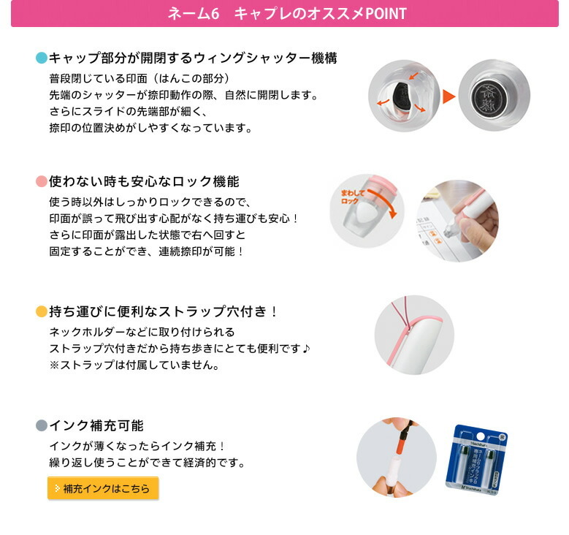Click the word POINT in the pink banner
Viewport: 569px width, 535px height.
[386, 13]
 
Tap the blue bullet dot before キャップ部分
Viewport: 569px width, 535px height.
[42, 58]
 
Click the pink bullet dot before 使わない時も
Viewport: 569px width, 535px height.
[42, 181]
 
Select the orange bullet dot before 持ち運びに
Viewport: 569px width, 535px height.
[42, 311]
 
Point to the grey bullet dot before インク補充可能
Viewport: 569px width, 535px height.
[42, 425]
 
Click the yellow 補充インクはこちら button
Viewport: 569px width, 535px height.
[103, 488]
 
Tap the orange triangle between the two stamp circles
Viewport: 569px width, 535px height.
[449, 96]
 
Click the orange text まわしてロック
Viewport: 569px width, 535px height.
[352, 197]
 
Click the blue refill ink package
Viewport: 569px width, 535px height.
[476, 460]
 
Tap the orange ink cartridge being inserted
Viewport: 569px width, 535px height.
[401, 441]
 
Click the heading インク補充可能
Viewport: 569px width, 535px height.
[96, 425]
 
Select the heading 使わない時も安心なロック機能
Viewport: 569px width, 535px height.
[144, 181]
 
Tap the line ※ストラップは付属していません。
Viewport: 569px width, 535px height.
[134, 365]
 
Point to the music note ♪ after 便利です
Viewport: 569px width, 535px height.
[306, 349]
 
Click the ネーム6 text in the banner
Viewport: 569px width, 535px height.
[194, 13]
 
